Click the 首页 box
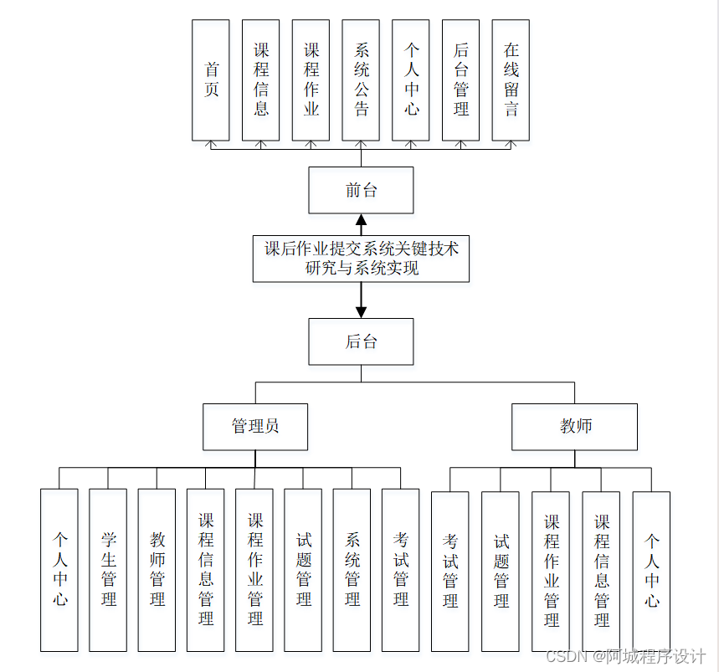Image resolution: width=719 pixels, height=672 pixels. click(x=210, y=80)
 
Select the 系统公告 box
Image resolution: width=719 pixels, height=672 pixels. click(x=361, y=80)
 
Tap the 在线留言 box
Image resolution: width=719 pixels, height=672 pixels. click(x=511, y=80)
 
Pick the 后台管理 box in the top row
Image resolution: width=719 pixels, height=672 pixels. click(x=460, y=80)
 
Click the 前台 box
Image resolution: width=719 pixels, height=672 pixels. click(x=361, y=190)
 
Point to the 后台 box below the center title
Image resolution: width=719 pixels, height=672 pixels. click(x=361, y=341)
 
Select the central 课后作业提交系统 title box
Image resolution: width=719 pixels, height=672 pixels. click(x=361, y=259)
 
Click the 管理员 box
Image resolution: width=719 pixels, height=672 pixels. click(x=255, y=427)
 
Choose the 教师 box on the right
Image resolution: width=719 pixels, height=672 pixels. click(x=575, y=427)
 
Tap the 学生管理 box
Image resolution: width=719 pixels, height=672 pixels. click(x=108, y=570)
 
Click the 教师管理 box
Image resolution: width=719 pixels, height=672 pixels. click(x=157, y=570)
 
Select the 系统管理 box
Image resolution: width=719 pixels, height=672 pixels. click(x=352, y=570)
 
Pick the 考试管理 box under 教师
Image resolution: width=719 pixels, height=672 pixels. click(x=450, y=572)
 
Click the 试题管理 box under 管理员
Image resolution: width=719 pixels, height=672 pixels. click(x=303, y=570)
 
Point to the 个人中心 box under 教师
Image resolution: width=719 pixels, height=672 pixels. click(x=651, y=572)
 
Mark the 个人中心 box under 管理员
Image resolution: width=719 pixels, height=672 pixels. click(x=59, y=570)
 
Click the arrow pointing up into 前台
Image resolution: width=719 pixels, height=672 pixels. click(x=361, y=224)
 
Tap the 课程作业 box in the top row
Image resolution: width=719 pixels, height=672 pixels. click(x=311, y=80)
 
